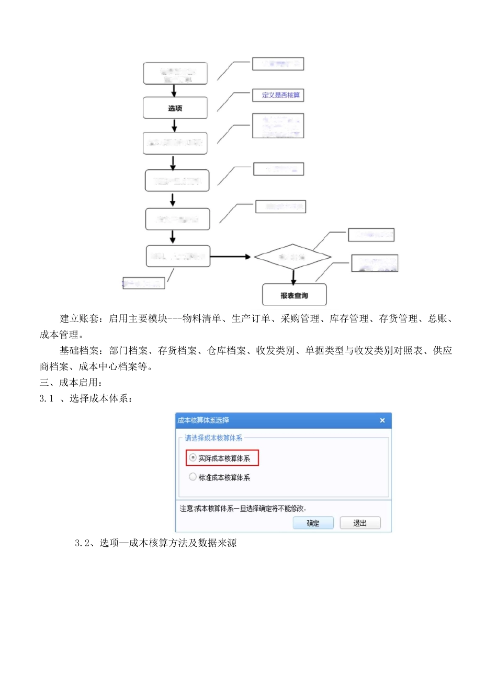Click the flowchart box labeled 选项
(x=175, y=108)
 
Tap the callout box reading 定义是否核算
(x=278, y=95)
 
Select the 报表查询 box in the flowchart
(x=294, y=295)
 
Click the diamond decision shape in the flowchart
(x=292, y=257)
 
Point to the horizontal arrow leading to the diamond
(x=231, y=257)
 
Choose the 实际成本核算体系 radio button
(x=193, y=458)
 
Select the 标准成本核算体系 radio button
(x=193, y=477)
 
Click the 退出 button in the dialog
(x=360, y=523)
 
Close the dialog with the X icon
(x=382, y=420)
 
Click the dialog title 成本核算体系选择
(x=203, y=420)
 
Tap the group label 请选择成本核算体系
(x=213, y=438)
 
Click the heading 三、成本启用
(x=71, y=383)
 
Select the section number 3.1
(x=47, y=399)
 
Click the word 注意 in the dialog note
(x=186, y=509)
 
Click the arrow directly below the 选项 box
(x=175, y=125)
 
